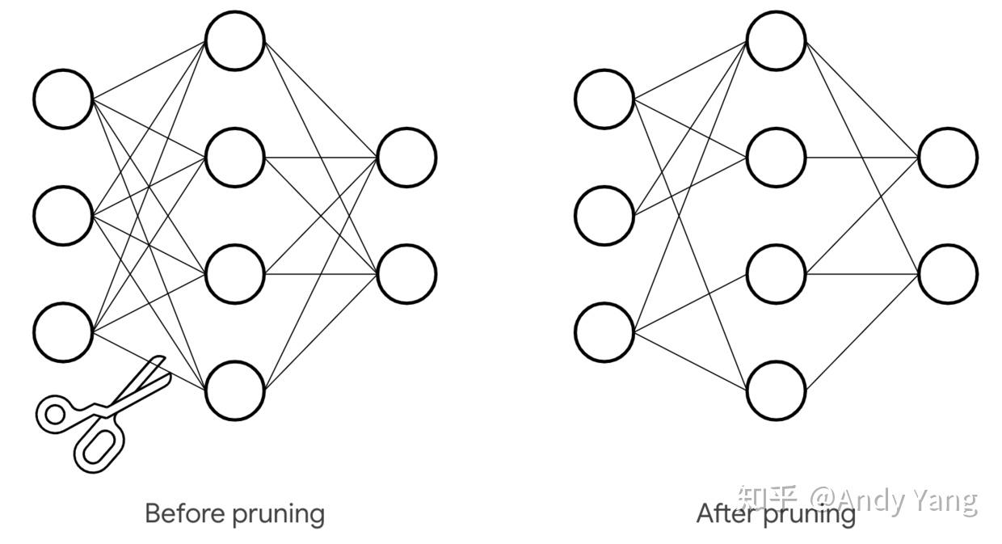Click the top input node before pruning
coord(63,99)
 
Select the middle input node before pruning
coord(63,216)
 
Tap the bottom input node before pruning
coord(63,332)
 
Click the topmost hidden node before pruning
coord(235,40)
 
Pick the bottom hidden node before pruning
coord(235,390)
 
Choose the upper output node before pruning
coord(407,157)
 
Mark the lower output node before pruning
coord(407,274)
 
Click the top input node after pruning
coord(604,99)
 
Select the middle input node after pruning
coord(604,216)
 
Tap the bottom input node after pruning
coord(604,332)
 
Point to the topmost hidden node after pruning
coord(777,40)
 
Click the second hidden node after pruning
coord(777,157)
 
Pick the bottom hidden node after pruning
coord(777,390)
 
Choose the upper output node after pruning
coord(948,157)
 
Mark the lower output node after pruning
coord(948,274)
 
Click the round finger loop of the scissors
coord(55,415)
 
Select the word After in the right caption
coord(726,513)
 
